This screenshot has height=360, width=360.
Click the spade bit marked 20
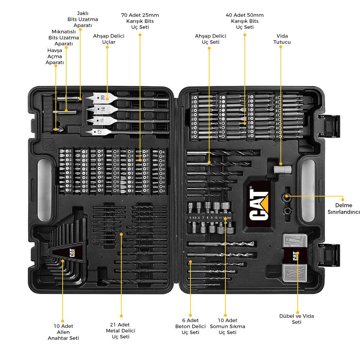point(101,98)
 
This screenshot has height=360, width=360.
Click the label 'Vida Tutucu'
point(282,39)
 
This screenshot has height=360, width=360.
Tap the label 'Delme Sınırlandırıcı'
point(342,208)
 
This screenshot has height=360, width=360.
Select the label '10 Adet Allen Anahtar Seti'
point(63,332)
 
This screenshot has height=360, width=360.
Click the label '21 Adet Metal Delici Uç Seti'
point(121,330)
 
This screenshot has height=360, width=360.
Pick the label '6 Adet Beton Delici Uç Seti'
point(190,326)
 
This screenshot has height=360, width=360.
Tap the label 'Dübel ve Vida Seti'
point(297,319)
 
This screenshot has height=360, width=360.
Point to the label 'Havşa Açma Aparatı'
point(55,56)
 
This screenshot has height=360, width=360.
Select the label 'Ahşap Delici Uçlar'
point(107,39)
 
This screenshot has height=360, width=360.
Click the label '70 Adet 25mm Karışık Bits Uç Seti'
point(140,21)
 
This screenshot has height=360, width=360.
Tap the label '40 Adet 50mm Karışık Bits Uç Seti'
point(245,21)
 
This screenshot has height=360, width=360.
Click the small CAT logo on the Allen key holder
point(69,252)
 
